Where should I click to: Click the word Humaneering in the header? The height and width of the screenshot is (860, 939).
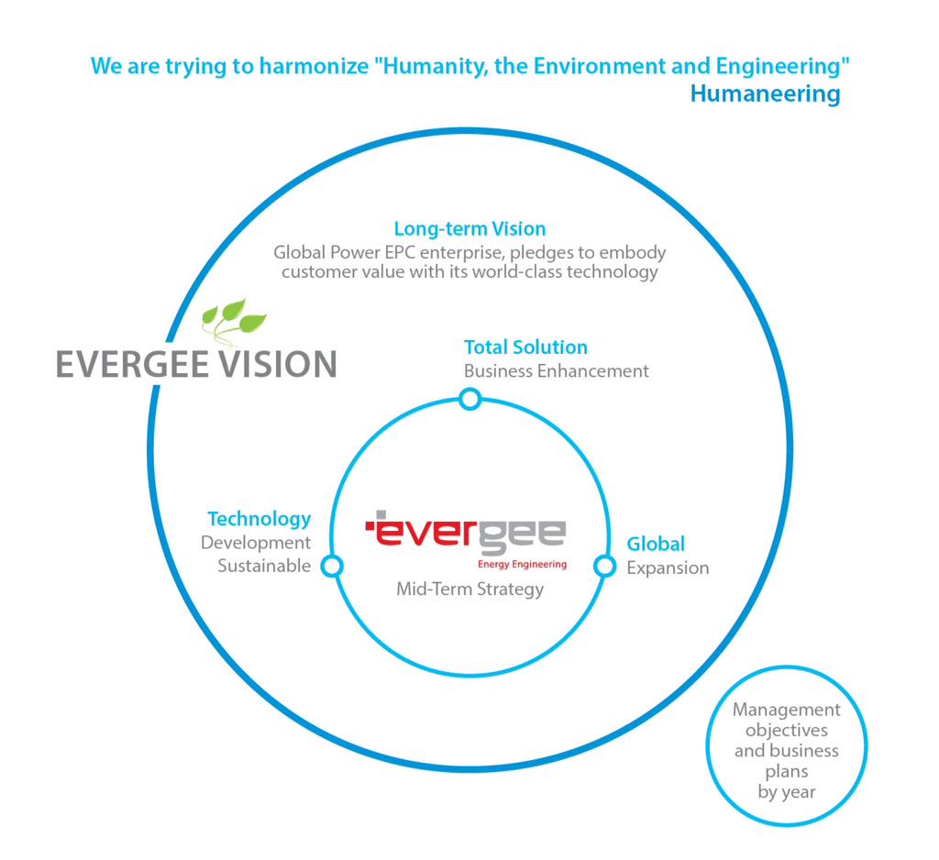[765, 94]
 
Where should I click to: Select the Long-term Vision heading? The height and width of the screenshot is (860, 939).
[469, 229]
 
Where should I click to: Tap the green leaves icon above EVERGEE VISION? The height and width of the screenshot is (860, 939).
[233, 319]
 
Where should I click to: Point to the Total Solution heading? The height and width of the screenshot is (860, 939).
[525, 347]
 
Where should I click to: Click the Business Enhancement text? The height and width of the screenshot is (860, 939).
[556, 371]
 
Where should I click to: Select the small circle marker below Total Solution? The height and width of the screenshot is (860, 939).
[469, 399]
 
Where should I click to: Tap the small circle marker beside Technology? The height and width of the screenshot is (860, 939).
[332, 566]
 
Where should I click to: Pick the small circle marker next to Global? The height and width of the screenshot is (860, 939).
[604, 566]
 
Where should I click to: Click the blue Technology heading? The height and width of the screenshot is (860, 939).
[259, 519]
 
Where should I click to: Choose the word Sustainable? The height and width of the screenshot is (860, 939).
[264, 566]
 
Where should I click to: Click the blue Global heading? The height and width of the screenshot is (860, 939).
[656, 544]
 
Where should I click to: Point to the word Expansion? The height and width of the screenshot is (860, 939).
[668, 568]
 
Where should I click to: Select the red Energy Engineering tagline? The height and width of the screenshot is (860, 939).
[522, 565]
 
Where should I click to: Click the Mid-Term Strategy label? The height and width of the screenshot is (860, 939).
[469, 589]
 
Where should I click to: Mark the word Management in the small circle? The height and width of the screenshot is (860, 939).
[786, 710]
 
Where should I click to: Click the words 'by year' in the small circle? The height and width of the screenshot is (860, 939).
[786, 791]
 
